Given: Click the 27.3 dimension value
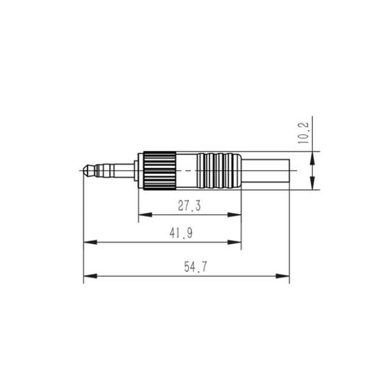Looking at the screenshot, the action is click(x=189, y=206).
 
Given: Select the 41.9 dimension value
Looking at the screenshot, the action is click(x=181, y=233).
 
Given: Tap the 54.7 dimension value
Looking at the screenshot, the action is click(x=195, y=267).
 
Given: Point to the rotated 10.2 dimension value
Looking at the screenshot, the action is click(x=303, y=133).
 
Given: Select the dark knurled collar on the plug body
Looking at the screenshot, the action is click(x=159, y=170).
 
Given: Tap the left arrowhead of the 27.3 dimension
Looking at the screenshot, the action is click(x=145, y=215).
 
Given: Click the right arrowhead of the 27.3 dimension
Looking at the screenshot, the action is click(x=234, y=215).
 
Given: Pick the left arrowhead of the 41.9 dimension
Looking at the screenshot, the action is click(x=90, y=242).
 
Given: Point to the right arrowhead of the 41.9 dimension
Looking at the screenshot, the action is click(x=234, y=242).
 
